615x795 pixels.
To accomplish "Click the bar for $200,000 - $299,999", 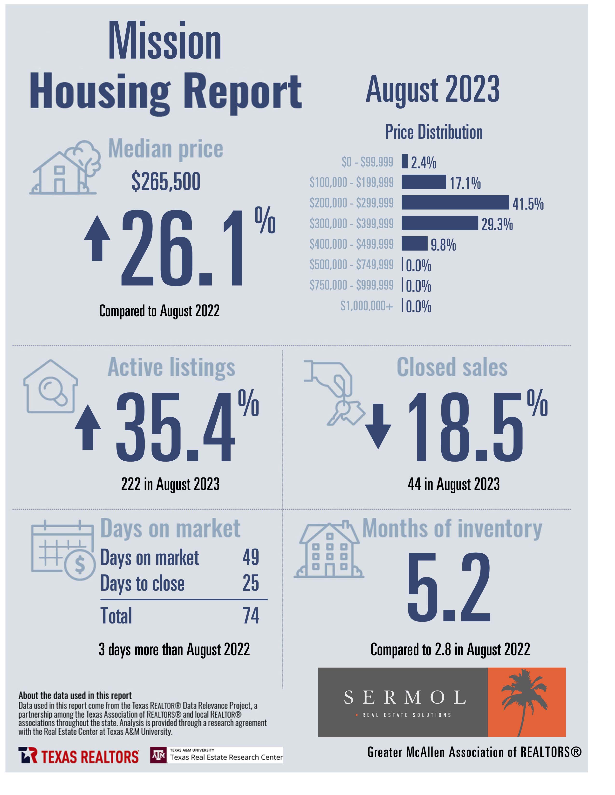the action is pyautogui.click(x=455, y=202).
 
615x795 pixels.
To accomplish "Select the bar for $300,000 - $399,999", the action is pyautogui.click(x=440, y=223).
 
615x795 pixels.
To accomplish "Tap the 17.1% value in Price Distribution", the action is pyautogui.click(x=465, y=183).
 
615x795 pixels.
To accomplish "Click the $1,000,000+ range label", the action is pyautogui.click(x=367, y=306).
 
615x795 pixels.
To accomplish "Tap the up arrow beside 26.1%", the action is pyautogui.click(x=97, y=238).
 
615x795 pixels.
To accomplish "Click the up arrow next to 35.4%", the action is pyautogui.click(x=88, y=427).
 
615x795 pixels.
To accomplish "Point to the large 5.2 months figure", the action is pyautogui.click(x=449, y=587).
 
